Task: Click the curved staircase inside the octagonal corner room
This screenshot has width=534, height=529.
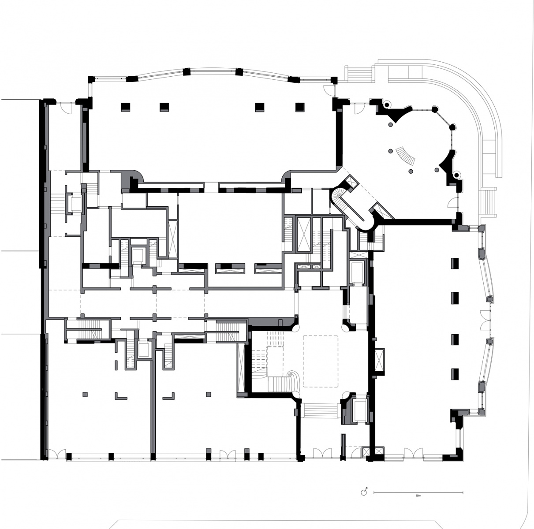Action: (x=406, y=156)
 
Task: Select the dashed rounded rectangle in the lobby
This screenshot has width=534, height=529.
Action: (x=321, y=361)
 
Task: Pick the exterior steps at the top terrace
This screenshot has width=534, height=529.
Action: (x=359, y=74)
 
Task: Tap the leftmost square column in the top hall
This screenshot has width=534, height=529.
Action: (x=126, y=107)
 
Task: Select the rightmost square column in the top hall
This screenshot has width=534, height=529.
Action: (x=300, y=107)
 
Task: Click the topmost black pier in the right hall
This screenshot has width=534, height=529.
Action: (x=455, y=263)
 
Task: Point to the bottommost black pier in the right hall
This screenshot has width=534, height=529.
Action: (x=455, y=374)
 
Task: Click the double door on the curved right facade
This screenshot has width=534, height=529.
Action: (x=485, y=320)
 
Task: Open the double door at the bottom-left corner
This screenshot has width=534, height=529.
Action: (x=57, y=454)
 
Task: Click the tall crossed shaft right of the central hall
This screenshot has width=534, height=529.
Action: (x=304, y=235)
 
